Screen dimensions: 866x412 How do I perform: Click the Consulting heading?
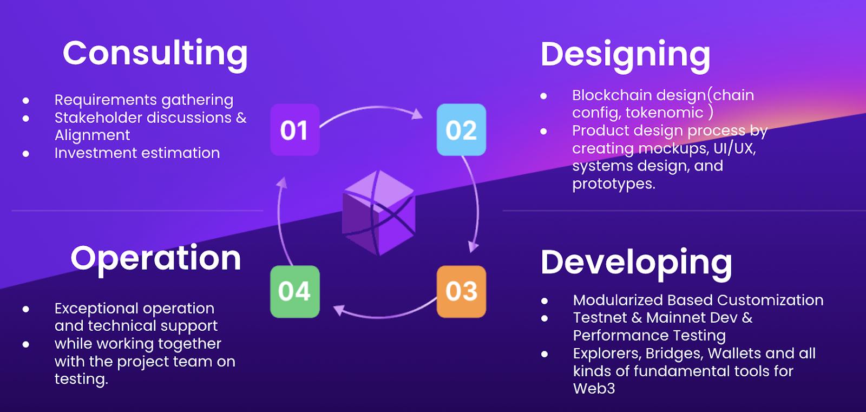[x=155, y=55]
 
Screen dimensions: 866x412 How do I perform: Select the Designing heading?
[x=625, y=56]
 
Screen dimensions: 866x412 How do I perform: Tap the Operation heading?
[x=156, y=259]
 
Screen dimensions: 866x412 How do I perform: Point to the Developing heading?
[x=637, y=264]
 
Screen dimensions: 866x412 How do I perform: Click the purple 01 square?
[x=295, y=129]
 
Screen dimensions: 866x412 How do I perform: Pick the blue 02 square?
[x=461, y=129]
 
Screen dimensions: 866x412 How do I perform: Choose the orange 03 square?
[x=461, y=291]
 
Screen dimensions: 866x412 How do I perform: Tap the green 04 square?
[x=295, y=291]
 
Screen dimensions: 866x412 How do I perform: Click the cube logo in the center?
[x=378, y=213]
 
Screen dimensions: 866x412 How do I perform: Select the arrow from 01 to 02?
[x=373, y=107]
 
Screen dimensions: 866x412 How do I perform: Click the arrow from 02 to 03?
[x=476, y=201]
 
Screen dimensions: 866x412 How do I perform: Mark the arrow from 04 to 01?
[x=279, y=220]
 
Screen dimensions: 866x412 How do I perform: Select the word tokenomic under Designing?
[x=664, y=113]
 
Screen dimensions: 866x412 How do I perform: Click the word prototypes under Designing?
[x=614, y=184]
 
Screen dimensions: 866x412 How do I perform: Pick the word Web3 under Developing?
[x=594, y=388]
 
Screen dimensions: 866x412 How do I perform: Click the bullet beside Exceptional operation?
[x=26, y=309]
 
